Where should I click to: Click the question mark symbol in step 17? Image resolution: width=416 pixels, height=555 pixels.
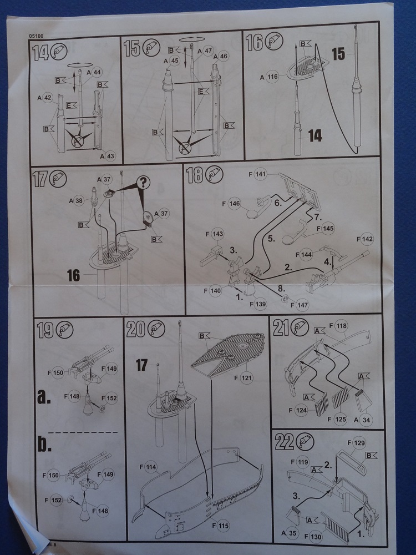coord(144,183)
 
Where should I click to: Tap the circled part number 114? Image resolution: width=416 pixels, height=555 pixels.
coord(151,467)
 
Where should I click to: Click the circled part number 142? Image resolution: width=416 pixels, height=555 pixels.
coord(367,239)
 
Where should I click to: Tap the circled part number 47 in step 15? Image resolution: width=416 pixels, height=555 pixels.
coord(208,51)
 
